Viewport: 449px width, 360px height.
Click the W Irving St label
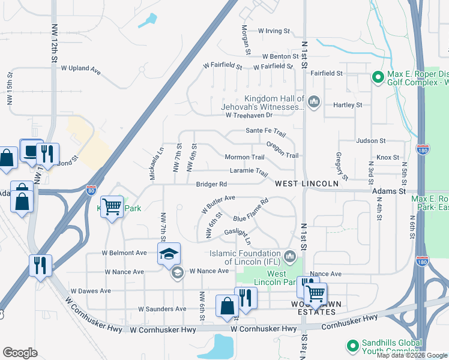[x=274, y=31]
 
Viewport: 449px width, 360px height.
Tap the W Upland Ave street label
[x=80, y=69]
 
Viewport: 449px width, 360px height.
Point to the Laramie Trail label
[x=249, y=171]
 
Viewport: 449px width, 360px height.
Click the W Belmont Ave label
[x=124, y=253]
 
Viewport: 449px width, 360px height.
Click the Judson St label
[x=370, y=141]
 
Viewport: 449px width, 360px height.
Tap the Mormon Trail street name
[x=244, y=157]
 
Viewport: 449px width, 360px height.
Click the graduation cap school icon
[x=169, y=254]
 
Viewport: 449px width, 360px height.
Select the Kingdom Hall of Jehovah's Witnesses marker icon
[x=313, y=104]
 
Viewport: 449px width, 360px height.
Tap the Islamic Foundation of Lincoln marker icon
[x=291, y=257]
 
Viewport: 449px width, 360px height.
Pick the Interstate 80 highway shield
[x=91, y=190]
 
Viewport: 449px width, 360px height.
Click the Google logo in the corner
[x=20, y=353]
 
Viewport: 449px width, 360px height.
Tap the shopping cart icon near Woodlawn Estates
[x=315, y=293]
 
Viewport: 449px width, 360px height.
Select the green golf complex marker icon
[x=378, y=77]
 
